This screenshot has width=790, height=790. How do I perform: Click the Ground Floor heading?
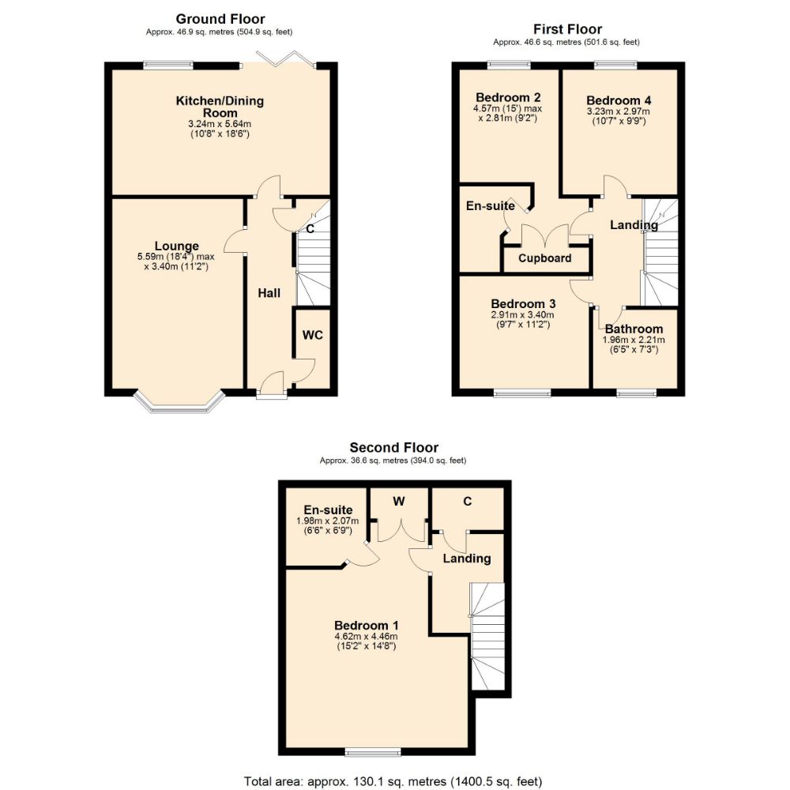[220, 19]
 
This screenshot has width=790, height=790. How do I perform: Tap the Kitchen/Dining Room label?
[220, 107]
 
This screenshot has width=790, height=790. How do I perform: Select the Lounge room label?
[176, 246]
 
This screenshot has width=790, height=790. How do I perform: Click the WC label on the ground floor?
[313, 335]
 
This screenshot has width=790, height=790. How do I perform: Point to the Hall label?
[269, 293]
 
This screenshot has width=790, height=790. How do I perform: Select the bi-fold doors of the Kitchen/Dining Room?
[286, 60]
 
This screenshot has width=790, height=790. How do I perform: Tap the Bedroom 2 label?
[502, 97]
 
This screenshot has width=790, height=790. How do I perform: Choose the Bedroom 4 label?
[619, 100]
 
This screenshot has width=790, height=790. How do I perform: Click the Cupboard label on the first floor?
[544, 258]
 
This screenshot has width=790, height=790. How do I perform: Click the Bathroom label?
[634, 329]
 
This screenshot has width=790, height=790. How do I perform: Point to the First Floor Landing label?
[634, 225]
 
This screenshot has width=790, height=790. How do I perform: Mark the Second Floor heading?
[393, 448]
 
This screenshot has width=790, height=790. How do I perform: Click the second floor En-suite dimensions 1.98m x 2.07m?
[327, 521]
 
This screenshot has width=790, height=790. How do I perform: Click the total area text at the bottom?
[393, 781]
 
